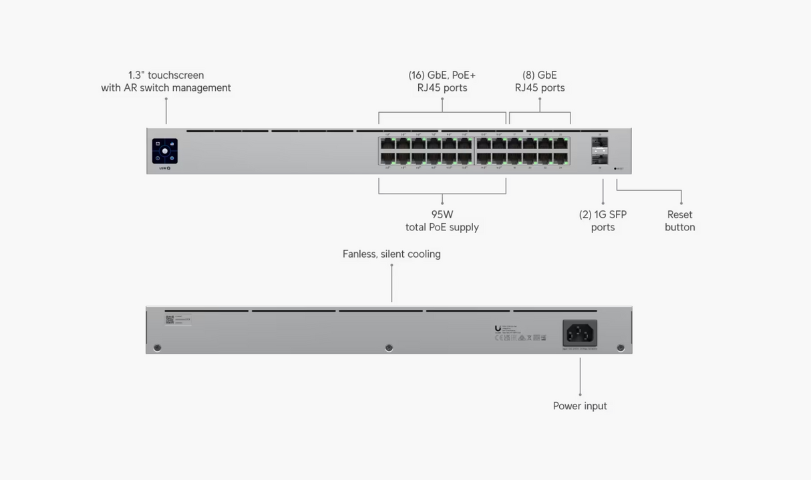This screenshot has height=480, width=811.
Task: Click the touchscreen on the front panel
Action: click(x=164, y=151)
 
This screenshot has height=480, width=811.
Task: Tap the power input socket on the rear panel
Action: click(x=580, y=332)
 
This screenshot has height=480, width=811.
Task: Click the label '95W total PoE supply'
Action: click(x=442, y=221)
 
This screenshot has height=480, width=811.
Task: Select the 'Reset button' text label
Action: click(x=680, y=221)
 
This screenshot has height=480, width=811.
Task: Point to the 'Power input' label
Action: click(x=580, y=406)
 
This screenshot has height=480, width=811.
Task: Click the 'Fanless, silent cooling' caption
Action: click(x=391, y=254)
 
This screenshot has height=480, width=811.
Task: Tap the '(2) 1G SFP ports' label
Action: click(x=603, y=221)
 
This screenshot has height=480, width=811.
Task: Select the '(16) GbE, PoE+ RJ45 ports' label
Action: click(x=442, y=81)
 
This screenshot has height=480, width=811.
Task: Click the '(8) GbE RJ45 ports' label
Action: click(x=540, y=81)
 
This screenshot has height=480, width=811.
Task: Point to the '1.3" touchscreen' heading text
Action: click(x=166, y=75)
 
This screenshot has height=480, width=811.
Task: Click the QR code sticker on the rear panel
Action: click(x=170, y=320)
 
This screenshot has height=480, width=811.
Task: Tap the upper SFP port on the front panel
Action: click(x=599, y=142)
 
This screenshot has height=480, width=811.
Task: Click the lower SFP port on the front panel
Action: click(x=599, y=159)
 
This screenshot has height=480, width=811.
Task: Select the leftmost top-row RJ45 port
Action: click(x=387, y=143)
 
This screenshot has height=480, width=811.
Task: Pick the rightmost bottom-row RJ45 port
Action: click(x=561, y=159)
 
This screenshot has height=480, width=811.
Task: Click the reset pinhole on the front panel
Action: click(x=615, y=169)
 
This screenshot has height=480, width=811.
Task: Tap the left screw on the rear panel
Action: click(x=157, y=348)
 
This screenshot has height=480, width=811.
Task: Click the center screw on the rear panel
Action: click(x=389, y=348)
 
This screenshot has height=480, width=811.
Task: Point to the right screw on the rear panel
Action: click(x=621, y=348)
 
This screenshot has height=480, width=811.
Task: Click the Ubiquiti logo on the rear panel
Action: click(x=498, y=328)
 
